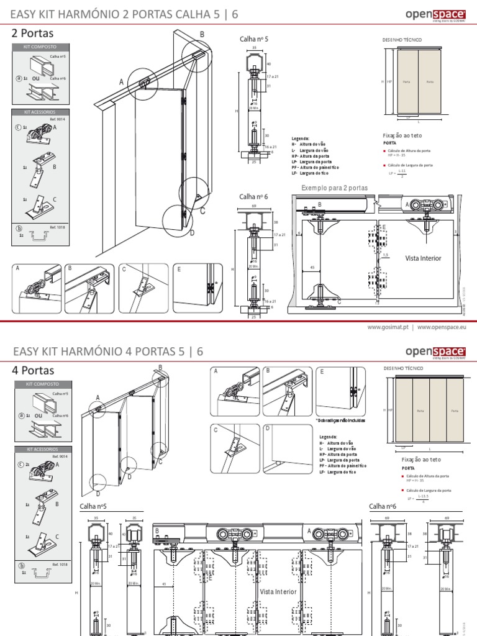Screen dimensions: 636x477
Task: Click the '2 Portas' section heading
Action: point(32,34)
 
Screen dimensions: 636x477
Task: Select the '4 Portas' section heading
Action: point(32,371)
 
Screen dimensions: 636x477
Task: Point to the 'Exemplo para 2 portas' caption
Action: point(334,188)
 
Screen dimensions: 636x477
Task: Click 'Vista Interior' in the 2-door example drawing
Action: point(423,258)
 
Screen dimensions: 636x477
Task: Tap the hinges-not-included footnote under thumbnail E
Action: point(340,420)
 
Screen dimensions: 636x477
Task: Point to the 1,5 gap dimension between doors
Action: point(385,254)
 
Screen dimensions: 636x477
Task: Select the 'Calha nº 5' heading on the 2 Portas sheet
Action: point(253,39)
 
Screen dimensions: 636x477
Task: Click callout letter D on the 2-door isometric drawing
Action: point(192,232)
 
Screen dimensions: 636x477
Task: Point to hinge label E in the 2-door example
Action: point(384,228)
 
